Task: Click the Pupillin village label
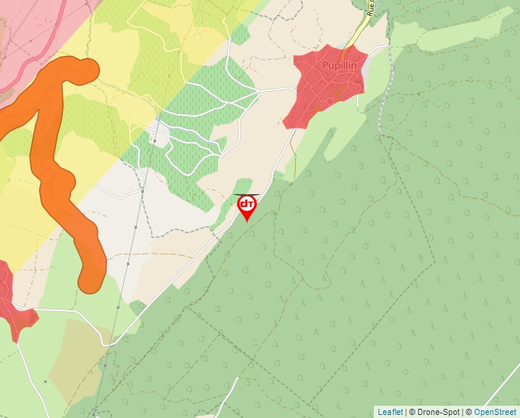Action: pyautogui.click(x=339, y=65)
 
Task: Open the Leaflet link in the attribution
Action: pyautogui.click(x=390, y=412)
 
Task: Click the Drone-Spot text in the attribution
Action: pyautogui.click(x=438, y=412)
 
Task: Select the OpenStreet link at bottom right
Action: pyautogui.click(x=495, y=412)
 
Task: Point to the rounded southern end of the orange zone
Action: pyautogui.click(x=93, y=278)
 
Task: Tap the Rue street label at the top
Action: pyautogui.click(x=371, y=8)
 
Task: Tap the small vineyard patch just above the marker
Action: pyautogui.click(x=242, y=186)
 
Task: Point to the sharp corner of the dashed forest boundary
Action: pyautogui.click(x=435, y=260)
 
